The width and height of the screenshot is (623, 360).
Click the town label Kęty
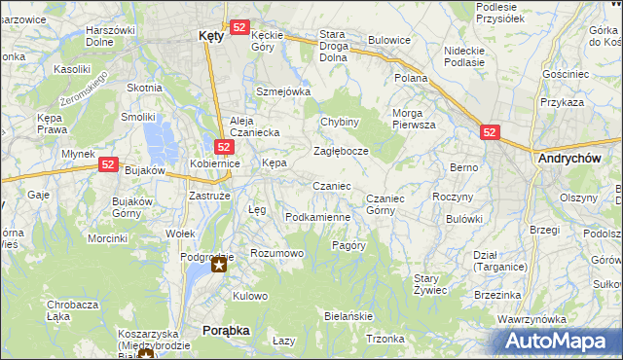[210, 35]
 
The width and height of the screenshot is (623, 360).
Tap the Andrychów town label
[567, 158]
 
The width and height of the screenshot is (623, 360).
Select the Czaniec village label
[331, 186]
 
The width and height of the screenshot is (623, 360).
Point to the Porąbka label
[226, 331]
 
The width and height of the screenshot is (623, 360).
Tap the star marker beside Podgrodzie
[221, 265]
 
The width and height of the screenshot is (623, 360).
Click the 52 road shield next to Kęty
[240, 29]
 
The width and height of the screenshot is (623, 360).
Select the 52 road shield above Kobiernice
[224, 147]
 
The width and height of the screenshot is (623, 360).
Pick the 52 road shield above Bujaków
[107, 166]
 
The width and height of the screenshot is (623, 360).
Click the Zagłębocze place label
[340, 152]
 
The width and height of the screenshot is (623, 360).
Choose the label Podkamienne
[317, 217]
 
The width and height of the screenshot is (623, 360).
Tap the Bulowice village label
[388, 41]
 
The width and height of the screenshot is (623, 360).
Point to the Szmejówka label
[282, 91]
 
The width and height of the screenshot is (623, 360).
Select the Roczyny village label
[452, 197]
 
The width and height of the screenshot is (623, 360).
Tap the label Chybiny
[340, 122]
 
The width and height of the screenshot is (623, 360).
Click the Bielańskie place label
[348, 317]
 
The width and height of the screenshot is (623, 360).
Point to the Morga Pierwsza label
[414, 119]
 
